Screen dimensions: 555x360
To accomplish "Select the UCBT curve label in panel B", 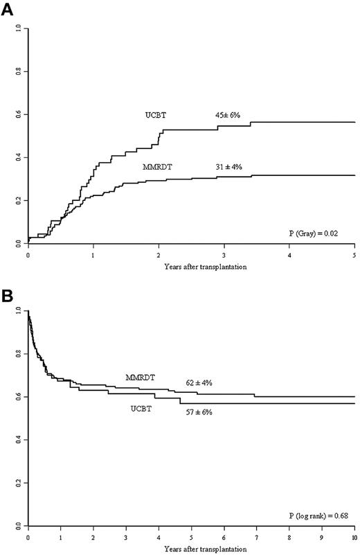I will pyautogui.click(x=143, y=409).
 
